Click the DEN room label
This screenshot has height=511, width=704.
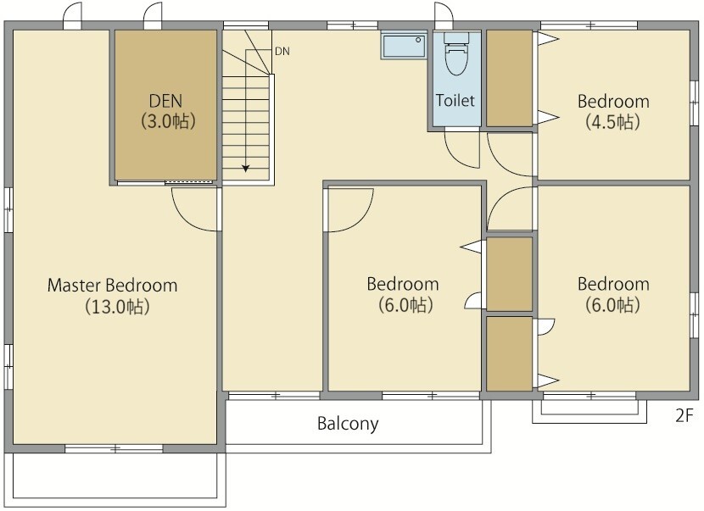click(x=165, y=101)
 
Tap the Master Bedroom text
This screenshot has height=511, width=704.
click(x=112, y=286)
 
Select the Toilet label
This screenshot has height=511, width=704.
click(x=455, y=100)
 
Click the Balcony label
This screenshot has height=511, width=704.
click(x=348, y=424)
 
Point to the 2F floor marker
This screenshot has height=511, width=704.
click(x=684, y=415)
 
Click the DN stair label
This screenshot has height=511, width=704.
click(x=282, y=52)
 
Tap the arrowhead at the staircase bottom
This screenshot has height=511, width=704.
click(x=246, y=169)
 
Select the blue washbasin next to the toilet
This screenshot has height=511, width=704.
click(x=404, y=45)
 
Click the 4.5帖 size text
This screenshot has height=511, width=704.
click(x=613, y=122)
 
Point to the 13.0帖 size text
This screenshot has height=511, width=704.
click(x=117, y=307)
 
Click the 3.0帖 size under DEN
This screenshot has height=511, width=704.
click(x=168, y=121)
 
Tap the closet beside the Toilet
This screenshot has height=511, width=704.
click(x=509, y=78)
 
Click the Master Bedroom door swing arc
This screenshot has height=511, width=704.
click(x=187, y=219)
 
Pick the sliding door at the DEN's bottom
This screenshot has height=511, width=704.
click(x=165, y=182)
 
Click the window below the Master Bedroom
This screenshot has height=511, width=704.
click(x=114, y=448)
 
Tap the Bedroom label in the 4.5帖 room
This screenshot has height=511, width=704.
click(x=613, y=102)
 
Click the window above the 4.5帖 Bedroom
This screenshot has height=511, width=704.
click(x=589, y=25)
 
